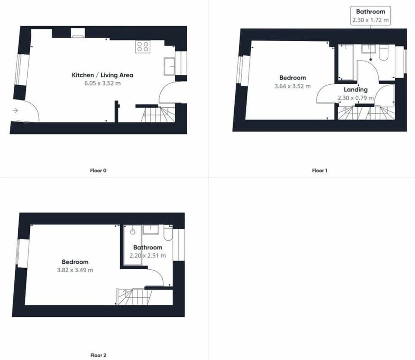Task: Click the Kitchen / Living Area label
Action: click(102, 75)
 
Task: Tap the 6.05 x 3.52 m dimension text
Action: click(102, 83)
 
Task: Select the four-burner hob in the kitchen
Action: click(142, 47)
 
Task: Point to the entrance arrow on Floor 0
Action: click(15, 111)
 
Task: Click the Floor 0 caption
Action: click(98, 170)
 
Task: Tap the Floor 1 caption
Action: click(319, 170)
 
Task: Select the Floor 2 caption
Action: click(98, 355)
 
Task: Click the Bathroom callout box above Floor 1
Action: click(370, 16)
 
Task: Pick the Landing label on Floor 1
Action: click(355, 89)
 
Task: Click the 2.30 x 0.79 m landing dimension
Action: click(355, 98)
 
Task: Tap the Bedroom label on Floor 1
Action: click(292, 78)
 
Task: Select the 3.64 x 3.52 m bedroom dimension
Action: click(292, 86)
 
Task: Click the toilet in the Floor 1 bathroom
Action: click(384, 53)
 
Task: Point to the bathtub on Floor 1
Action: click(347, 62)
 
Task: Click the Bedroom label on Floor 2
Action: click(75, 262)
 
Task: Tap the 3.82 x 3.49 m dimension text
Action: click(75, 270)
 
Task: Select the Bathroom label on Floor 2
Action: click(147, 248)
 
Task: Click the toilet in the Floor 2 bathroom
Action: click(168, 234)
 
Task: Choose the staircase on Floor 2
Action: click(134, 296)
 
